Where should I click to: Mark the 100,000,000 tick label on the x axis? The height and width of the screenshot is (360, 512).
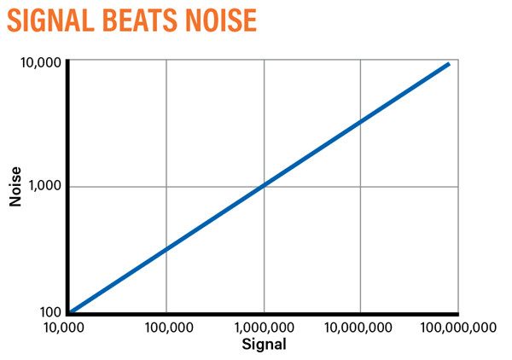[x=458, y=327]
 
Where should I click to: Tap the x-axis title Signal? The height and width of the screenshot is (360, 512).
[x=263, y=345]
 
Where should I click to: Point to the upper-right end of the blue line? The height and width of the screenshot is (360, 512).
[x=448, y=63]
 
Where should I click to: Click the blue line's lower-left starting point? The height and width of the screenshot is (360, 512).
[x=70, y=311]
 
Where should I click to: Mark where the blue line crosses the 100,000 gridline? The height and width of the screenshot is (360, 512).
[x=166, y=249]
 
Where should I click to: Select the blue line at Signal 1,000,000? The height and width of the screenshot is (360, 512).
[x=264, y=186]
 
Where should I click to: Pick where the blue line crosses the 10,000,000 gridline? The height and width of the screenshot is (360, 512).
[x=361, y=122]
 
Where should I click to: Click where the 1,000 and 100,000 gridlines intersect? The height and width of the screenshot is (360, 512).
[x=166, y=187]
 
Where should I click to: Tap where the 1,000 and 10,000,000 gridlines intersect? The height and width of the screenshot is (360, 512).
[x=361, y=187]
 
